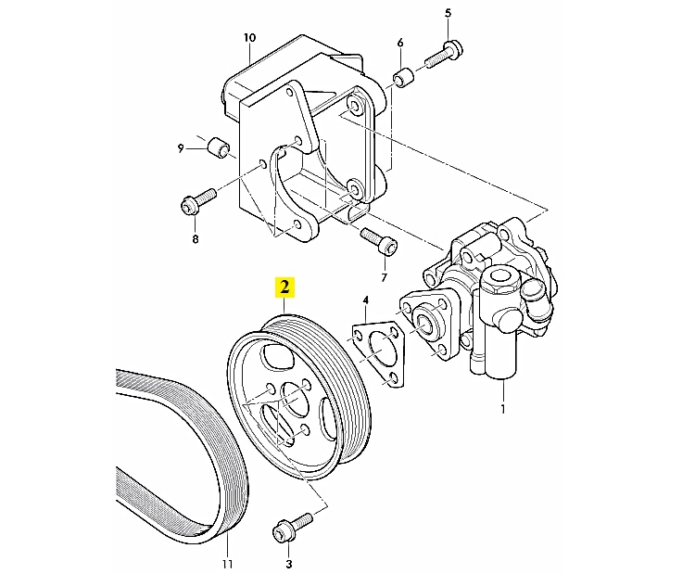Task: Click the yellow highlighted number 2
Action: click(x=284, y=287)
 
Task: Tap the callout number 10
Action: click(x=249, y=38)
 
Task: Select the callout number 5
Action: click(x=448, y=13)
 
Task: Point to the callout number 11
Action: click(x=227, y=564)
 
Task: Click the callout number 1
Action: click(x=502, y=409)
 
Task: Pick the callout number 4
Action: click(x=366, y=300)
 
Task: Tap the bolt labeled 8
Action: click(x=198, y=203)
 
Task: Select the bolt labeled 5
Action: click(x=444, y=55)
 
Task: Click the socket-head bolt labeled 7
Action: click(x=379, y=241)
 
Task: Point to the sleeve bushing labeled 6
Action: click(x=403, y=78)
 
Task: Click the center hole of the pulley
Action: click(x=295, y=400)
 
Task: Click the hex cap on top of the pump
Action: click(x=500, y=279)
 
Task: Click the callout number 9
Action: click(x=181, y=147)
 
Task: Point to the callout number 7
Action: click(x=384, y=277)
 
